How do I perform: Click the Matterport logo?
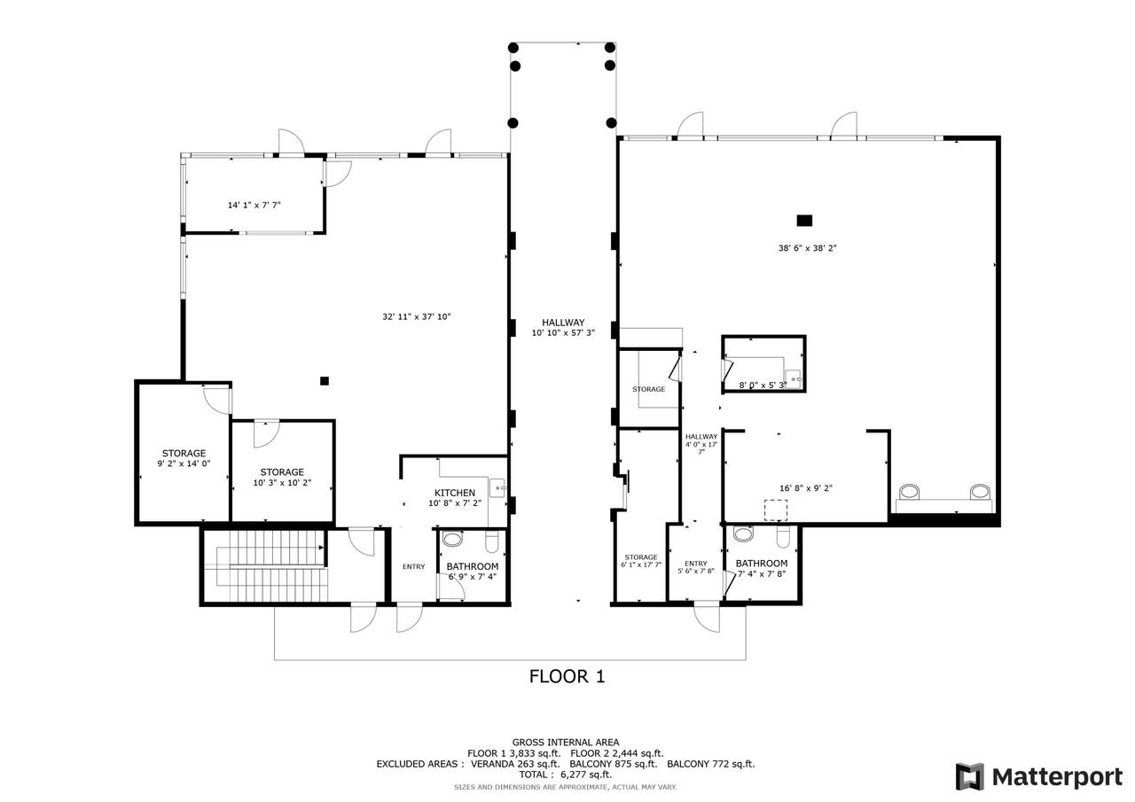click(x=1039, y=776)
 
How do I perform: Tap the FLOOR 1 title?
click(x=567, y=676)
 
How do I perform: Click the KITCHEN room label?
click(x=455, y=493)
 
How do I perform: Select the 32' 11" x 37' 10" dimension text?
click(x=417, y=317)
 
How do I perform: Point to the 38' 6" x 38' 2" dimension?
click(x=807, y=248)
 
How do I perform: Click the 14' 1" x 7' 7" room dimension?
click(x=254, y=205)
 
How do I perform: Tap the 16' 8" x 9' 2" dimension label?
click(x=806, y=488)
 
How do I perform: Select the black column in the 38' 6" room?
click(x=804, y=221)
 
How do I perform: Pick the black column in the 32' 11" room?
click(x=325, y=381)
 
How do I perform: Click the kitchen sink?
click(x=497, y=488)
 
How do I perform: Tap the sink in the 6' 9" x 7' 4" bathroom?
click(x=452, y=538)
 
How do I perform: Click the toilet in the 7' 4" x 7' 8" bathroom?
click(x=783, y=538)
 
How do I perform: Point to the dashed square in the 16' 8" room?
click(x=775, y=510)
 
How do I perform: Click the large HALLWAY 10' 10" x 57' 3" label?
click(x=563, y=327)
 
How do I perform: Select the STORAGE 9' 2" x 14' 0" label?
click(x=184, y=457)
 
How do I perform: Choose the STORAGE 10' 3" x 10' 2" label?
click(x=282, y=477)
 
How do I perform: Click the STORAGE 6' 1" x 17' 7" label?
click(x=641, y=560)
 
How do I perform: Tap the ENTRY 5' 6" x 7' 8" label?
click(x=696, y=566)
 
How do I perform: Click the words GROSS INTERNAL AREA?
click(x=566, y=743)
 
